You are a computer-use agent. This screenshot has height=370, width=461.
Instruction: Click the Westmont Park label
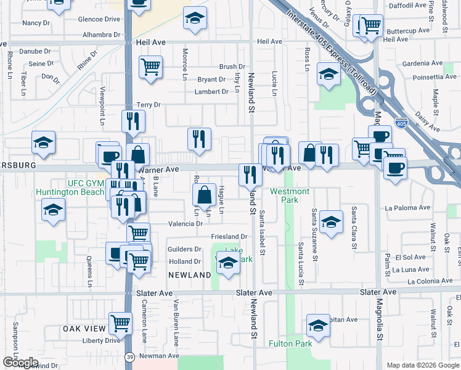click(x=284, y=195)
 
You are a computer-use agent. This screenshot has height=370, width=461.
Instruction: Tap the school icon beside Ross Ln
click(x=329, y=75)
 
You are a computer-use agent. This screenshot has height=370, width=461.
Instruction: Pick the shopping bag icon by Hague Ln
click(x=204, y=195)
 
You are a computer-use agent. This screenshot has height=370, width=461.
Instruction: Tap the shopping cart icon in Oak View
click(x=121, y=323)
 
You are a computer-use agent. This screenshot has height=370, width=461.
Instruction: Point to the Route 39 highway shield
click(x=128, y=356)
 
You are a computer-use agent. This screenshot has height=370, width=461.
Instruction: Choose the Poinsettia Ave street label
click(x=427, y=76)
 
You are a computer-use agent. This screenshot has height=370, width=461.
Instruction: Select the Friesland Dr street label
click(x=229, y=237)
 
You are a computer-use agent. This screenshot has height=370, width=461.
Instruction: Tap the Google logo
click(x=20, y=363)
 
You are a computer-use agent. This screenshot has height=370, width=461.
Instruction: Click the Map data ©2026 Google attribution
click(x=423, y=365)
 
